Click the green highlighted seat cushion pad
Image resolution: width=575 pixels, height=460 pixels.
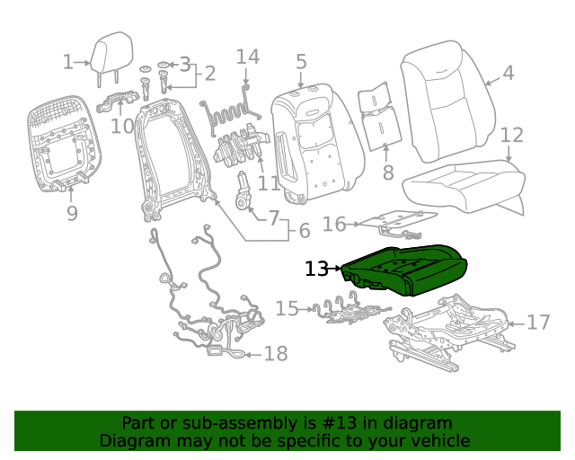(404, 270)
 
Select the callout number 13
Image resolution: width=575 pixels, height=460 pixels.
(317, 269)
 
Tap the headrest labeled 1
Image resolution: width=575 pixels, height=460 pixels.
(111, 54)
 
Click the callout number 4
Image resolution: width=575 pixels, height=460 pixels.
(509, 73)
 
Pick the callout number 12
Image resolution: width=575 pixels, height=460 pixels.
(511, 136)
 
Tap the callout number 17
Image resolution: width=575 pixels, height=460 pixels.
(537, 322)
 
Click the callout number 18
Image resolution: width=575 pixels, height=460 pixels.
(276, 354)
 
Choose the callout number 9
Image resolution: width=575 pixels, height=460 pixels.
(72, 214)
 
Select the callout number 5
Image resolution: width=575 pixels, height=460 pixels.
(301, 61)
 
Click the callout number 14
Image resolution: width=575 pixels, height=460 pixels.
(248, 57)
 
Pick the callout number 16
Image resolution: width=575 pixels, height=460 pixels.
(334, 224)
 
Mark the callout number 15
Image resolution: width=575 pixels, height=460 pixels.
(287, 309)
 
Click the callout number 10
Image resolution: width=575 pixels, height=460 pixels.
(122, 125)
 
